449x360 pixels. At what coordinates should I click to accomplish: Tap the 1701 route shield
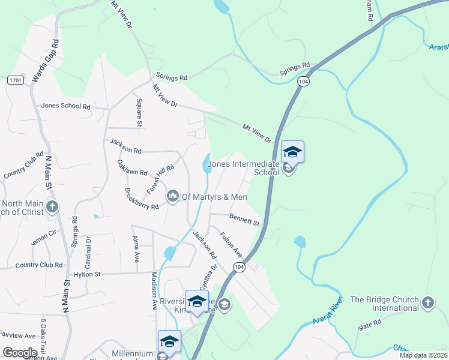[16, 80]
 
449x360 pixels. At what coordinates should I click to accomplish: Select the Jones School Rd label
[65, 106]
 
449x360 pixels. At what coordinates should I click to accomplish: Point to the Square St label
[139, 113]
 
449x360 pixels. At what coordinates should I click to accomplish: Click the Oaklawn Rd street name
[132, 167]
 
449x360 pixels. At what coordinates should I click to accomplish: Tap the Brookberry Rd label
[142, 199]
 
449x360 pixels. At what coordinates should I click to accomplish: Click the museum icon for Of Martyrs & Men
[173, 196]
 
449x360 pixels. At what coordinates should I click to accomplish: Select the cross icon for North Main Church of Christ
[52, 208]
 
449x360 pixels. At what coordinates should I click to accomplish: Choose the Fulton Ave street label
[231, 242]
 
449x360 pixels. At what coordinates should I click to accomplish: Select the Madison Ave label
[154, 292]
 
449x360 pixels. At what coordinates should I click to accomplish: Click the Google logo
[20, 353]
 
